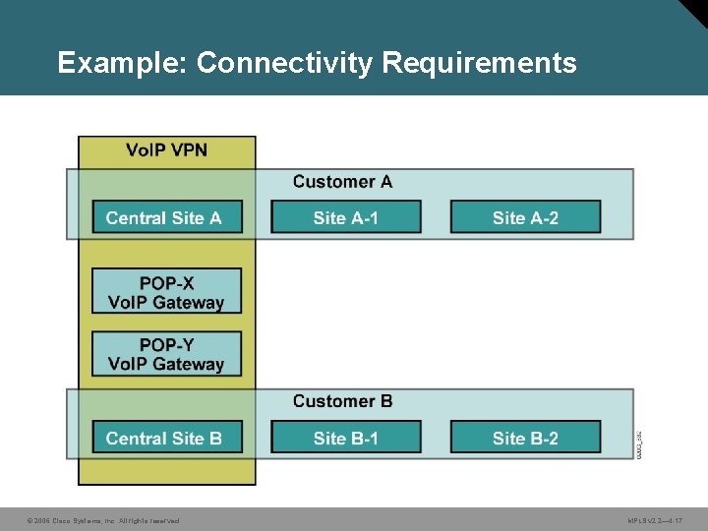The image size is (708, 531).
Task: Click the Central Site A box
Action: coord(166,217)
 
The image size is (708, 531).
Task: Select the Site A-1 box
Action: coord(345,217)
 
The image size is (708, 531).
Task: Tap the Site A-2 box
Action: coord(525,217)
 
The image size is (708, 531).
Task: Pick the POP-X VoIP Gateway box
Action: coord(166,292)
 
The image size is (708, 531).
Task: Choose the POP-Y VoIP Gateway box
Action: coord(166,354)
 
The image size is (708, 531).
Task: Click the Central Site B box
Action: coord(166,438)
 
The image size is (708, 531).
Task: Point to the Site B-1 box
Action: coord(345,438)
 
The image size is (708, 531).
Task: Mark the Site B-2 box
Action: coord(525,438)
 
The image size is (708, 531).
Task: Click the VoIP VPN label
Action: coord(166,150)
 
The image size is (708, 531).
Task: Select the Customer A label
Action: coord(342,182)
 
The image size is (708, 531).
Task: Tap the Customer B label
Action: coord(342,401)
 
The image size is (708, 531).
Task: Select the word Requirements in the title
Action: coord(479,64)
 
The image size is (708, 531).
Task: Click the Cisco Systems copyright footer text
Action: coord(103,520)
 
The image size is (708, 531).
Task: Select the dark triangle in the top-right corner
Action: coord(693,12)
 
